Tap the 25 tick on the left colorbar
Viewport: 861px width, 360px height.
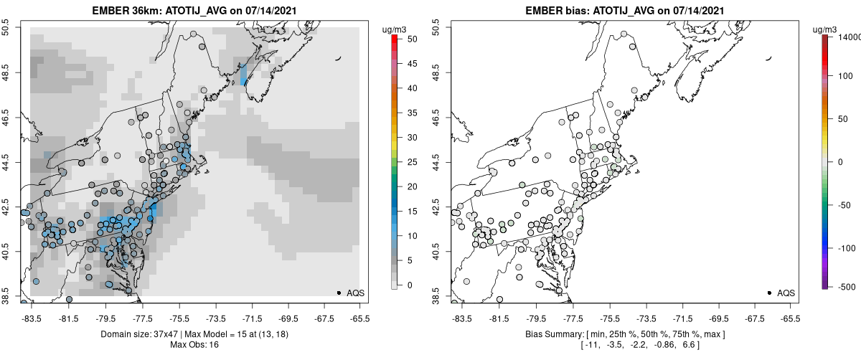406,162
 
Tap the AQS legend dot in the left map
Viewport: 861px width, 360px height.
338,293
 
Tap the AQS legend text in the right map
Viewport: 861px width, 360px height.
786,293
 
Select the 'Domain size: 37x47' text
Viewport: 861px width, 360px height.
136,334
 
